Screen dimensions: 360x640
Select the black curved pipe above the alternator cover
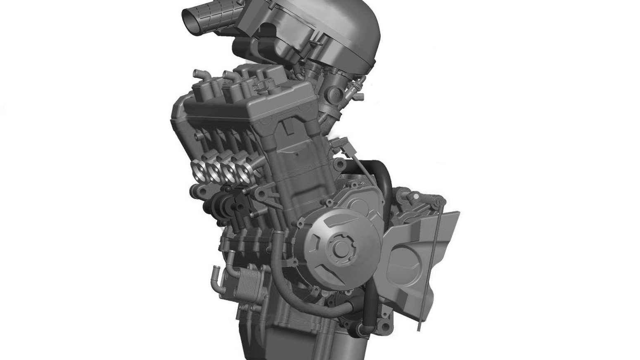click(382, 173)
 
